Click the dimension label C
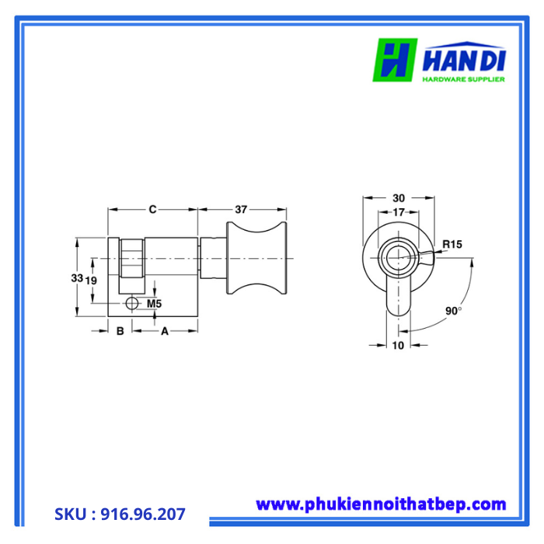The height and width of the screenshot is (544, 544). click(153, 208)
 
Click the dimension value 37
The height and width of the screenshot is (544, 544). click(241, 208)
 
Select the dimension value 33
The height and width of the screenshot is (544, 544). click(76, 278)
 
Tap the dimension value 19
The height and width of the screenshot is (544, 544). click(91, 279)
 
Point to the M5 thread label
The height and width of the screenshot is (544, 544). click(154, 303)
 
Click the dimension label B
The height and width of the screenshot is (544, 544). click(120, 331)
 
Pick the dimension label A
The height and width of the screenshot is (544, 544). click(164, 331)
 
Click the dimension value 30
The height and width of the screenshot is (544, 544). click(399, 198)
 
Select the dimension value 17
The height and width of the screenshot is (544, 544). click(399, 212)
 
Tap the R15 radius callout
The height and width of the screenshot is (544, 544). click(452, 245)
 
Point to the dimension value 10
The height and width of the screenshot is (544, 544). click(398, 346)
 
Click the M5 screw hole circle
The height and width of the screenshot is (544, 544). click(131, 302)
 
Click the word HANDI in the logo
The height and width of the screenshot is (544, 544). click(465, 60)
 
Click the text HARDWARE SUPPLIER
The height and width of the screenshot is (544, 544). click(464, 78)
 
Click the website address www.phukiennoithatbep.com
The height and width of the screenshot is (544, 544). click(381, 504)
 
